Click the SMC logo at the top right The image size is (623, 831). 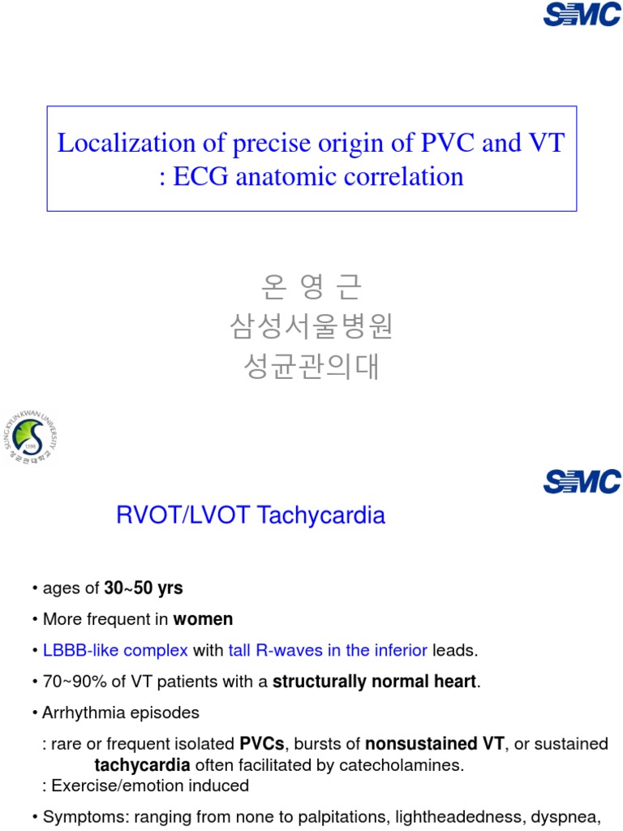click(582, 14)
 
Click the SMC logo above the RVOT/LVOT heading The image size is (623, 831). click(582, 481)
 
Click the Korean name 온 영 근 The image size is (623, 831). click(311, 286)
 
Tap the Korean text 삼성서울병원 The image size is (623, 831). click(311, 327)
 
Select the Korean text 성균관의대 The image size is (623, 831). click(311, 367)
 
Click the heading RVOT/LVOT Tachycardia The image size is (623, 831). click(249, 515)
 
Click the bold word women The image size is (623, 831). click(203, 619)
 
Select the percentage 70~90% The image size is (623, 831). click(69, 682)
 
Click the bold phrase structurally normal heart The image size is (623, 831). click(375, 682)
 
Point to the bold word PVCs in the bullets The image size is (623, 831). click(260, 744)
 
